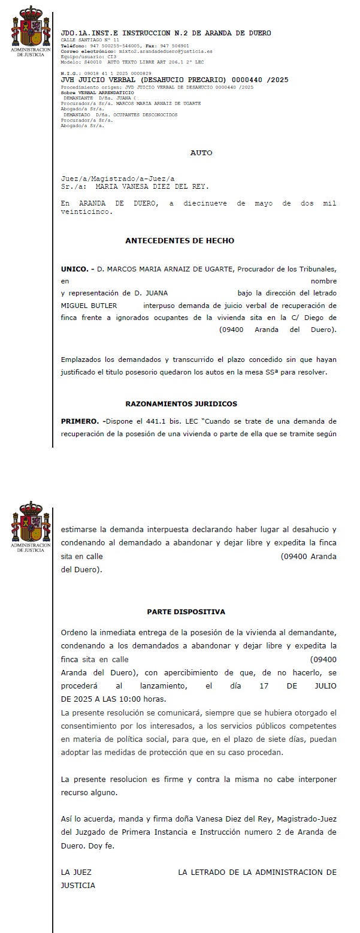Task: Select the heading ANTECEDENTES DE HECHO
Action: (x=180, y=241)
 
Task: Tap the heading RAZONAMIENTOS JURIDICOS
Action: (x=181, y=404)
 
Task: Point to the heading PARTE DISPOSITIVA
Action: (x=186, y=612)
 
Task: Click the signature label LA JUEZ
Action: (x=76, y=872)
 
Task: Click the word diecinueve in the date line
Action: (x=207, y=204)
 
